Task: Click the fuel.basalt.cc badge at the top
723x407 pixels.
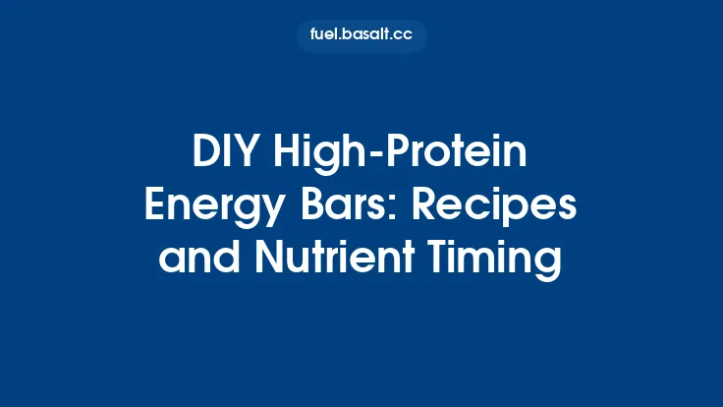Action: click(361, 36)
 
